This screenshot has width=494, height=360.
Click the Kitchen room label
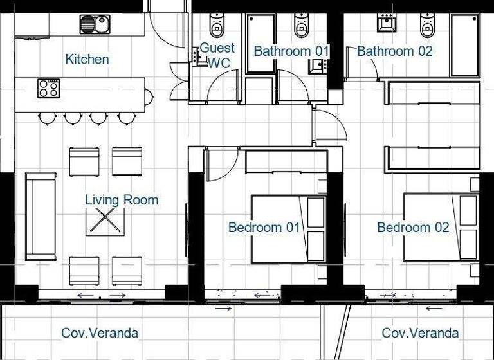(87, 59)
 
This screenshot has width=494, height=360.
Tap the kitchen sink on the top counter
(95, 24)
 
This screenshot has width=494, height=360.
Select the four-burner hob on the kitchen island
(48, 87)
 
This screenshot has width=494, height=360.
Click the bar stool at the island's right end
(149, 97)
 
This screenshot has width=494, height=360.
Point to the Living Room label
(122, 200)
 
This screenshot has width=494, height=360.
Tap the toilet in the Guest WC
(217, 26)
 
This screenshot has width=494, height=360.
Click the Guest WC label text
(217, 55)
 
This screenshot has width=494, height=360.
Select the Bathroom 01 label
(291, 51)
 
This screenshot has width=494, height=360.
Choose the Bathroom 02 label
(394, 51)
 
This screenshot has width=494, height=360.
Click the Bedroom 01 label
(264, 227)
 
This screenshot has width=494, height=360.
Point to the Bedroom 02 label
(413, 227)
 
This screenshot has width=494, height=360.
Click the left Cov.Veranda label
(100, 333)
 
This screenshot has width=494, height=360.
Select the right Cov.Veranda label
(420, 333)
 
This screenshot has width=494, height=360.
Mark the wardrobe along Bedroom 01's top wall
(286, 162)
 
